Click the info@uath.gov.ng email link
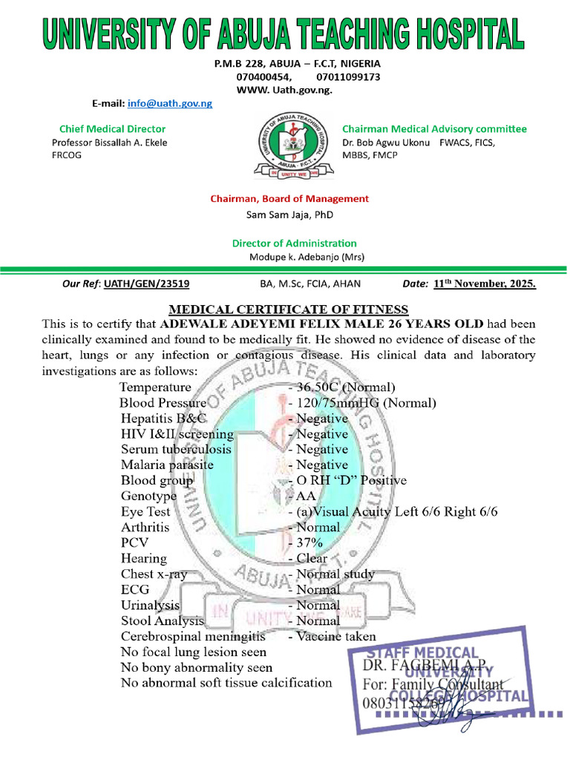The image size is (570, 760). click(170, 103)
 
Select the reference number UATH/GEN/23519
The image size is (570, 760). click(146, 284)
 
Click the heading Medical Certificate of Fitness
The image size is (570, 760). click(289, 309)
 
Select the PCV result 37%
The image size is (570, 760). click(308, 543)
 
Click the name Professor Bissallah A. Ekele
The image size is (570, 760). click(110, 142)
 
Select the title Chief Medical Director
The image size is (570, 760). click(113, 129)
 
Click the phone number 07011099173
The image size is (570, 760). click(348, 76)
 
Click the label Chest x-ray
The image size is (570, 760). click(154, 574)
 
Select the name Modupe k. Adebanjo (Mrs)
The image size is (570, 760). click(307, 257)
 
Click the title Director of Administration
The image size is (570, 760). click(294, 243)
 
